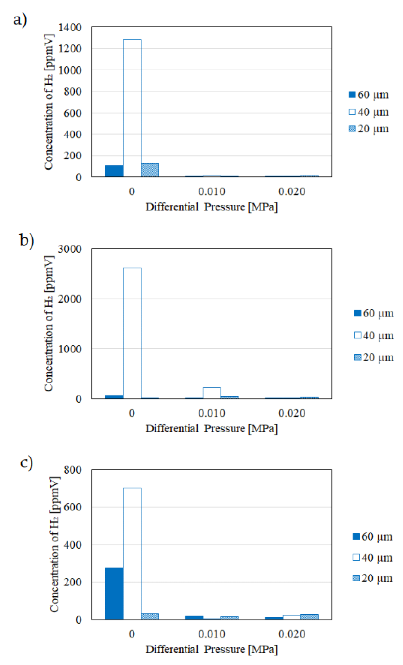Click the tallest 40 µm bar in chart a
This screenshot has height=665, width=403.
pyautogui.click(x=132, y=108)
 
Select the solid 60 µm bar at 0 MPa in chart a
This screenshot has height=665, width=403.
pyautogui.click(x=114, y=171)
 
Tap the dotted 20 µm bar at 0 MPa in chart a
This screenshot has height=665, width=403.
pyautogui.click(x=149, y=170)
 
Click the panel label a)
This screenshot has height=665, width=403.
pyautogui.click(x=20, y=20)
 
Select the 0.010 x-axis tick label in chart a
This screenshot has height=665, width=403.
pyautogui.click(x=211, y=191)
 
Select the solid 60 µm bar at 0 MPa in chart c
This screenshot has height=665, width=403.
pyautogui.click(x=114, y=594)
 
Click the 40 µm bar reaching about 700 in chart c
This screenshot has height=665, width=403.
pyautogui.click(x=132, y=553)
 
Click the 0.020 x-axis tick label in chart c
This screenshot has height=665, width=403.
pyautogui.click(x=292, y=634)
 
